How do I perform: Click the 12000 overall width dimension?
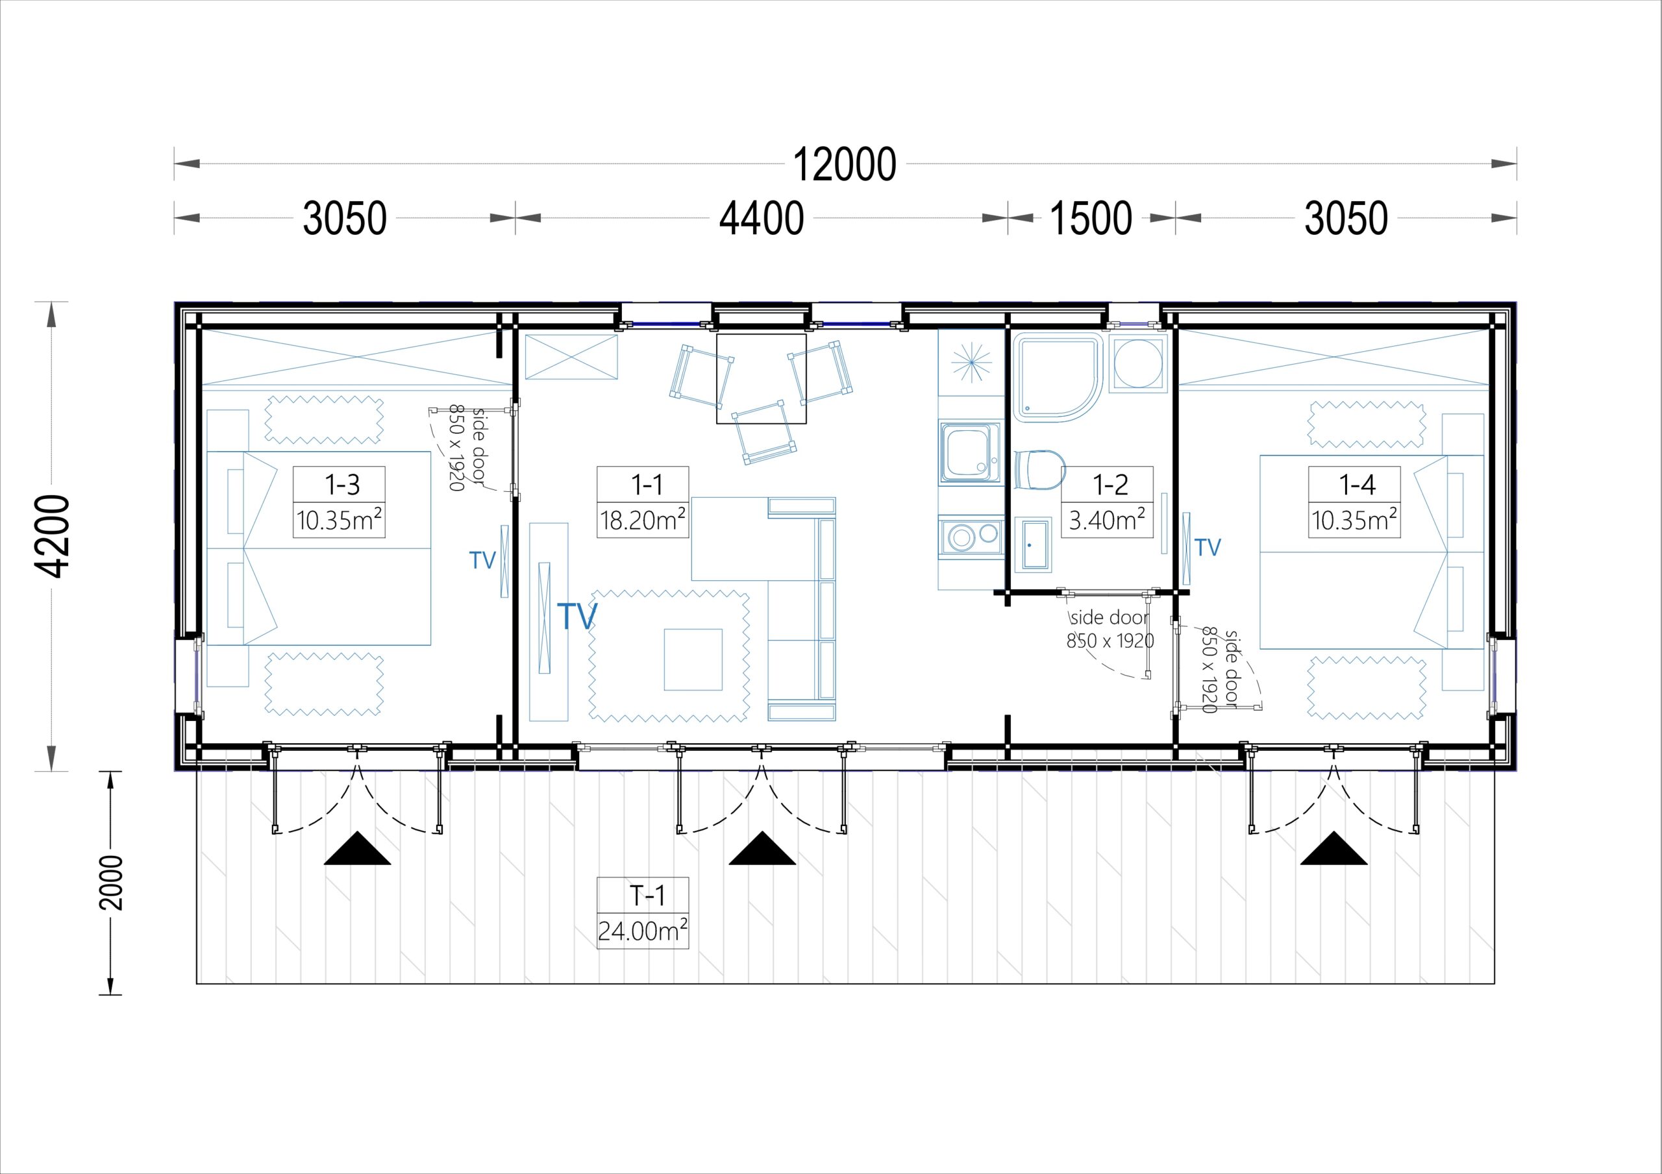tap(845, 165)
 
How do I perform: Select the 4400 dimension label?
tap(762, 218)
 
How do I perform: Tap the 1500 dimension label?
tap(1091, 218)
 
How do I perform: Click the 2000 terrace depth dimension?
tap(111, 883)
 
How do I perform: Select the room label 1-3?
tap(341, 484)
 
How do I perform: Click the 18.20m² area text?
tap(643, 520)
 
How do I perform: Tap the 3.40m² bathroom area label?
tap(1107, 520)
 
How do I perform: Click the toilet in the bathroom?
tap(1040, 470)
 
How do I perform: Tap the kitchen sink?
tap(970, 453)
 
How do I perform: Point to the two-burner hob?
tap(971, 536)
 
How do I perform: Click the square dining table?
tap(762, 378)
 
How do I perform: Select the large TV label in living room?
tap(577, 616)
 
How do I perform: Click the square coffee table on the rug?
tap(693, 659)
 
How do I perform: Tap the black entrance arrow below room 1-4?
tap(1334, 848)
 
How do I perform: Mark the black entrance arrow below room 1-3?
tap(357, 848)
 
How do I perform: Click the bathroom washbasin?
tap(1033, 544)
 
